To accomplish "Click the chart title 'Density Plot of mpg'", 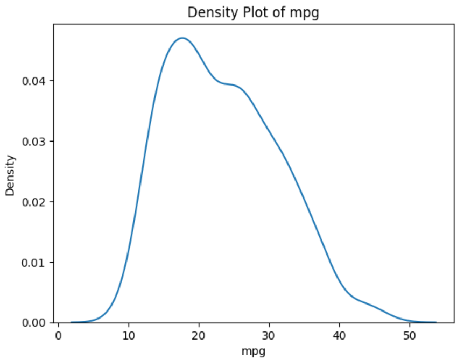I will (x=253, y=12).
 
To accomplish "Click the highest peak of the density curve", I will (x=182, y=38).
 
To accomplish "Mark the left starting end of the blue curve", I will (x=71, y=322).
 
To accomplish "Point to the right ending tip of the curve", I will (x=435, y=322).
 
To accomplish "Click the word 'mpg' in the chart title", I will (x=307, y=13).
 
